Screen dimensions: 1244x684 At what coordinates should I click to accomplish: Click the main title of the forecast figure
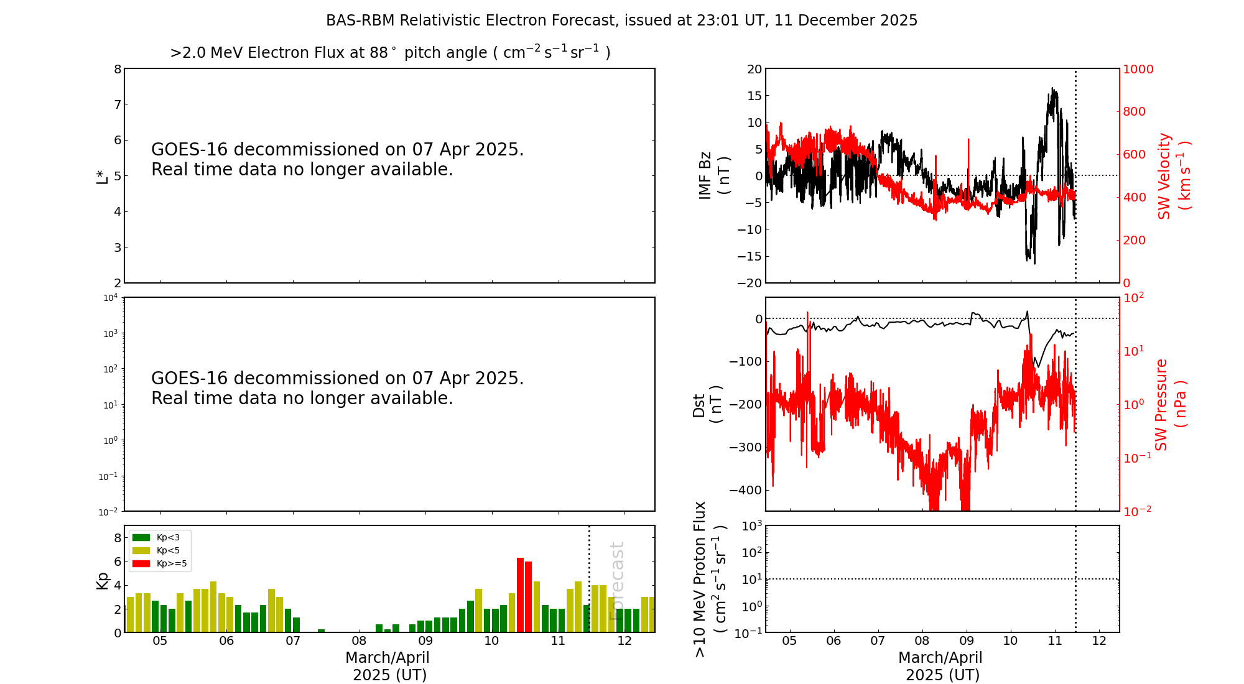[x=621, y=21]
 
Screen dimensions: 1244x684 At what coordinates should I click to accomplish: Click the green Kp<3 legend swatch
[x=141, y=537]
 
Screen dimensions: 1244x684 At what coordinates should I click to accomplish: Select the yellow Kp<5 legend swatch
[x=141, y=550]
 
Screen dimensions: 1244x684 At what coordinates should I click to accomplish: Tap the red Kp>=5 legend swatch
[x=141, y=564]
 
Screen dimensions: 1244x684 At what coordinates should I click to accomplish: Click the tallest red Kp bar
[x=521, y=595]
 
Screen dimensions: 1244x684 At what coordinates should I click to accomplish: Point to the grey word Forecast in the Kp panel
[x=616, y=581]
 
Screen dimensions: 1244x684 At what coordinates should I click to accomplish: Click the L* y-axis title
[x=102, y=176]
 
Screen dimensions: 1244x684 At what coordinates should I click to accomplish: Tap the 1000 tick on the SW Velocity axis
[x=1138, y=69]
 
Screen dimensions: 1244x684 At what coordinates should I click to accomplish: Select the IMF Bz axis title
[x=714, y=175]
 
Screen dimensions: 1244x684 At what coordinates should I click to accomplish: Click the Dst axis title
[x=708, y=405]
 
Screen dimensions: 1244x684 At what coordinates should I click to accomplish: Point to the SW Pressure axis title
[x=1171, y=405]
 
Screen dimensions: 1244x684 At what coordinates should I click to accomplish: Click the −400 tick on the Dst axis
[x=745, y=490]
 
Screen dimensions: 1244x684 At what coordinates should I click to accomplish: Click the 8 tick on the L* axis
[x=118, y=69]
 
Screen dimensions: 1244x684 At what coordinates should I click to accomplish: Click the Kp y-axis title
[x=102, y=581]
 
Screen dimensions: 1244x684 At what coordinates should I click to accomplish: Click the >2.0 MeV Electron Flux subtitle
[x=390, y=52]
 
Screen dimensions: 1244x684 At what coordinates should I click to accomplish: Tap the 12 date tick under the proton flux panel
[x=1099, y=641]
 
